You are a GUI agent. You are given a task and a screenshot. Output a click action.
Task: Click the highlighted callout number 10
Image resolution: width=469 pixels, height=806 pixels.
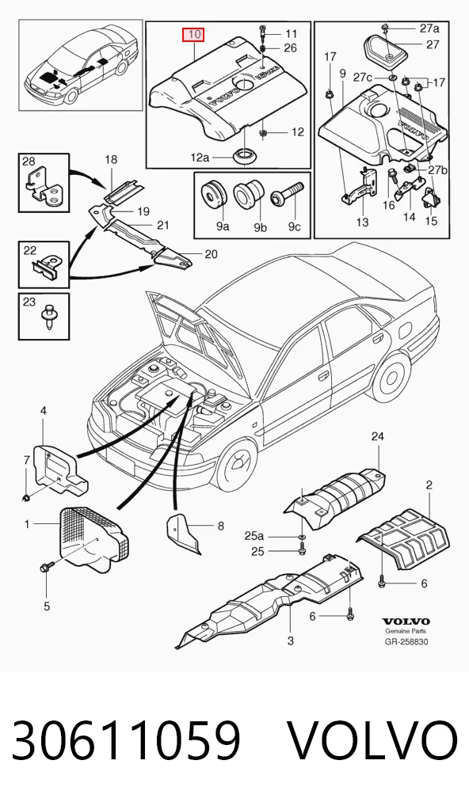(194, 35)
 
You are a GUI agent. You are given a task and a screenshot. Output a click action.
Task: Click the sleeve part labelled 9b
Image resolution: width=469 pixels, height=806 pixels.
(249, 195)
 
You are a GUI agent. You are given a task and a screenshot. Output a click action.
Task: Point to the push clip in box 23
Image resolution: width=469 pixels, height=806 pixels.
(49, 315)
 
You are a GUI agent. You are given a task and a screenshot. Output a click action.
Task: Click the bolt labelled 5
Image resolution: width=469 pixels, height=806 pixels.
(44, 568)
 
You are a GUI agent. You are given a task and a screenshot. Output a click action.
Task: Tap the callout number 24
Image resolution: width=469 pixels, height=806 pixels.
(378, 436)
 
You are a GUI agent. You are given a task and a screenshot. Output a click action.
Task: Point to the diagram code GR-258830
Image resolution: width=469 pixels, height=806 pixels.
(406, 641)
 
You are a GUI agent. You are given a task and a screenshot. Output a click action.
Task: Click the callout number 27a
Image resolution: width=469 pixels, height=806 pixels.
(429, 28)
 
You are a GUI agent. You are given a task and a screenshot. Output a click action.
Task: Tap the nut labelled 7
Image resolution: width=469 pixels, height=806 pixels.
(26, 496)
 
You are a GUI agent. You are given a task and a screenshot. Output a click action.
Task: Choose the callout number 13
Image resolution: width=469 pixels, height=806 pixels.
(363, 222)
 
